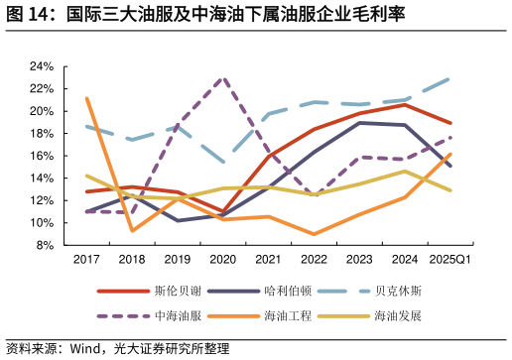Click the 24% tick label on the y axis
pos(41,66)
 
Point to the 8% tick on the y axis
pos(44,246)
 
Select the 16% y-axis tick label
pos(41,156)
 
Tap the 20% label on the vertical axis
pos(41,111)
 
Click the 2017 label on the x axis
pos(86,260)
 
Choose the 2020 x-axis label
pos(223,260)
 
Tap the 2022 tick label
pos(315,260)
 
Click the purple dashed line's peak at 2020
pos(223,77)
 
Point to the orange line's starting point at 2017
pos(87,98)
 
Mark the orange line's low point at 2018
pos(132,230)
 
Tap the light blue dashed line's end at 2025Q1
pos(450,78)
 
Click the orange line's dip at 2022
pos(315,234)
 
